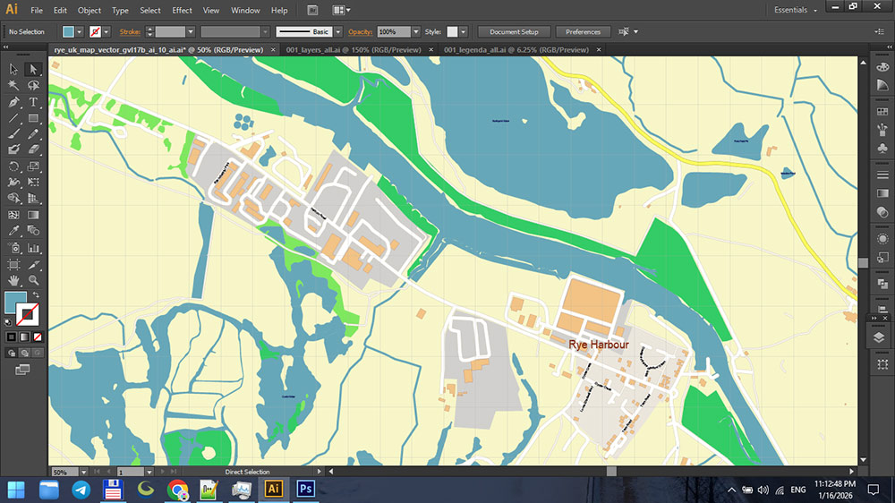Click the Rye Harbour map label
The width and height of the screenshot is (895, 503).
tap(599, 345)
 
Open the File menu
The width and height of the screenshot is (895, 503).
tap(37, 11)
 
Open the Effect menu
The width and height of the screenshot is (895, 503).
tap(182, 11)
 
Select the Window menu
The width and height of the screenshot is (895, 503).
tap(245, 11)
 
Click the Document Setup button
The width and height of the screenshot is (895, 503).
tap(514, 31)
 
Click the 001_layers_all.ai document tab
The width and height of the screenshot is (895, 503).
tap(353, 50)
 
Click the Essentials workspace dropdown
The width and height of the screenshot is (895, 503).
tap(796, 11)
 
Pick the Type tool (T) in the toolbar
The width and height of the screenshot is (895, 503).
tap(33, 103)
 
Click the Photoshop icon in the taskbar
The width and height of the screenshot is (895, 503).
tap(305, 490)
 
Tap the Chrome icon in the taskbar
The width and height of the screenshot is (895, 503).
tap(177, 490)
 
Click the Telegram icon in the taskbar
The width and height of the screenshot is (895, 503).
tap(81, 490)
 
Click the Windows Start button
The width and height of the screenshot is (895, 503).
tap(16, 490)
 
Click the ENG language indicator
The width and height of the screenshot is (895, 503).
tap(797, 490)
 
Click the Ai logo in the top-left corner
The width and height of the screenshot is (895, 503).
tap(12, 10)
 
